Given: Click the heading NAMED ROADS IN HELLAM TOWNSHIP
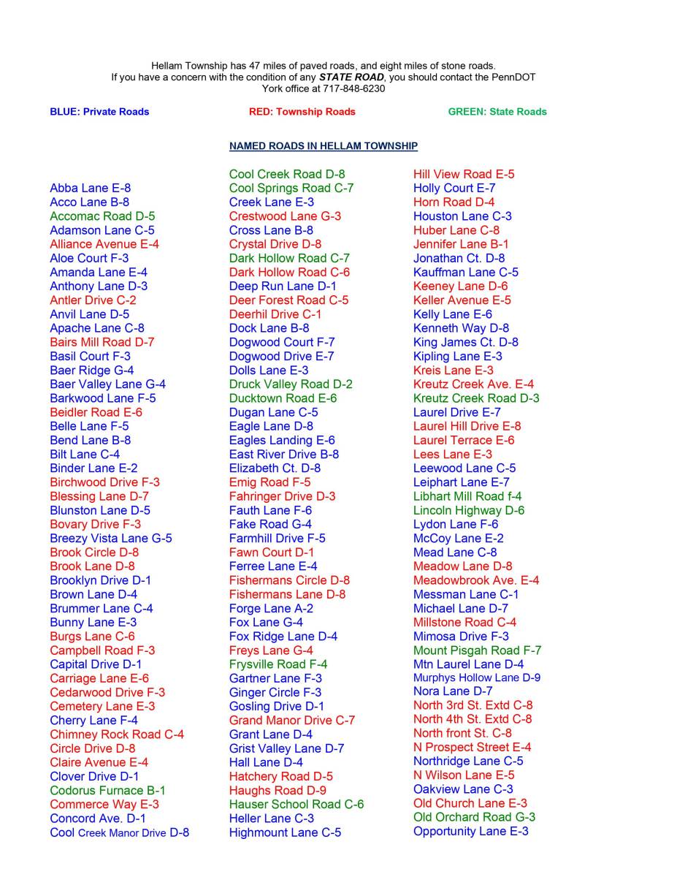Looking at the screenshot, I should tap(323, 146).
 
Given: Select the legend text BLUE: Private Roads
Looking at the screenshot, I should tap(99, 112).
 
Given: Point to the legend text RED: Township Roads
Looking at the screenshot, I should tap(302, 112).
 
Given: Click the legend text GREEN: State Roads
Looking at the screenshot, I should tap(497, 112).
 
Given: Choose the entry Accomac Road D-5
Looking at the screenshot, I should tap(102, 216).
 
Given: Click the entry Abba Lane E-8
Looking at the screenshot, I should tap(91, 189).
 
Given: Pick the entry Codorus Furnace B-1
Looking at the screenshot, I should tap(107, 791).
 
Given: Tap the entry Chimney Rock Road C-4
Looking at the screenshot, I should tap(117, 734).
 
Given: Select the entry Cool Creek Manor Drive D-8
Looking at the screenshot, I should tap(119, 832).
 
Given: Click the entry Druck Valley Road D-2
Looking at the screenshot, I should tap(291, 384).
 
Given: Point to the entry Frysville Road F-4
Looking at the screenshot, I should tap(278, 664).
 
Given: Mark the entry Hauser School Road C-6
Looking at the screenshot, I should tap(296, 805).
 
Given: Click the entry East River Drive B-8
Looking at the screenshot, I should tap(283, 454).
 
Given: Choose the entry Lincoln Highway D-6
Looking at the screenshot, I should tap(468, 510).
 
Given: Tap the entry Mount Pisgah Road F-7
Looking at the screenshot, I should tap(477, 650).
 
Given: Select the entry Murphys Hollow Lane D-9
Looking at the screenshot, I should tap(476, 678).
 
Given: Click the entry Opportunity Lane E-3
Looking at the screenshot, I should tap(470, 832).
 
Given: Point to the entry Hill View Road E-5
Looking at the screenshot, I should tap(464, 174).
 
